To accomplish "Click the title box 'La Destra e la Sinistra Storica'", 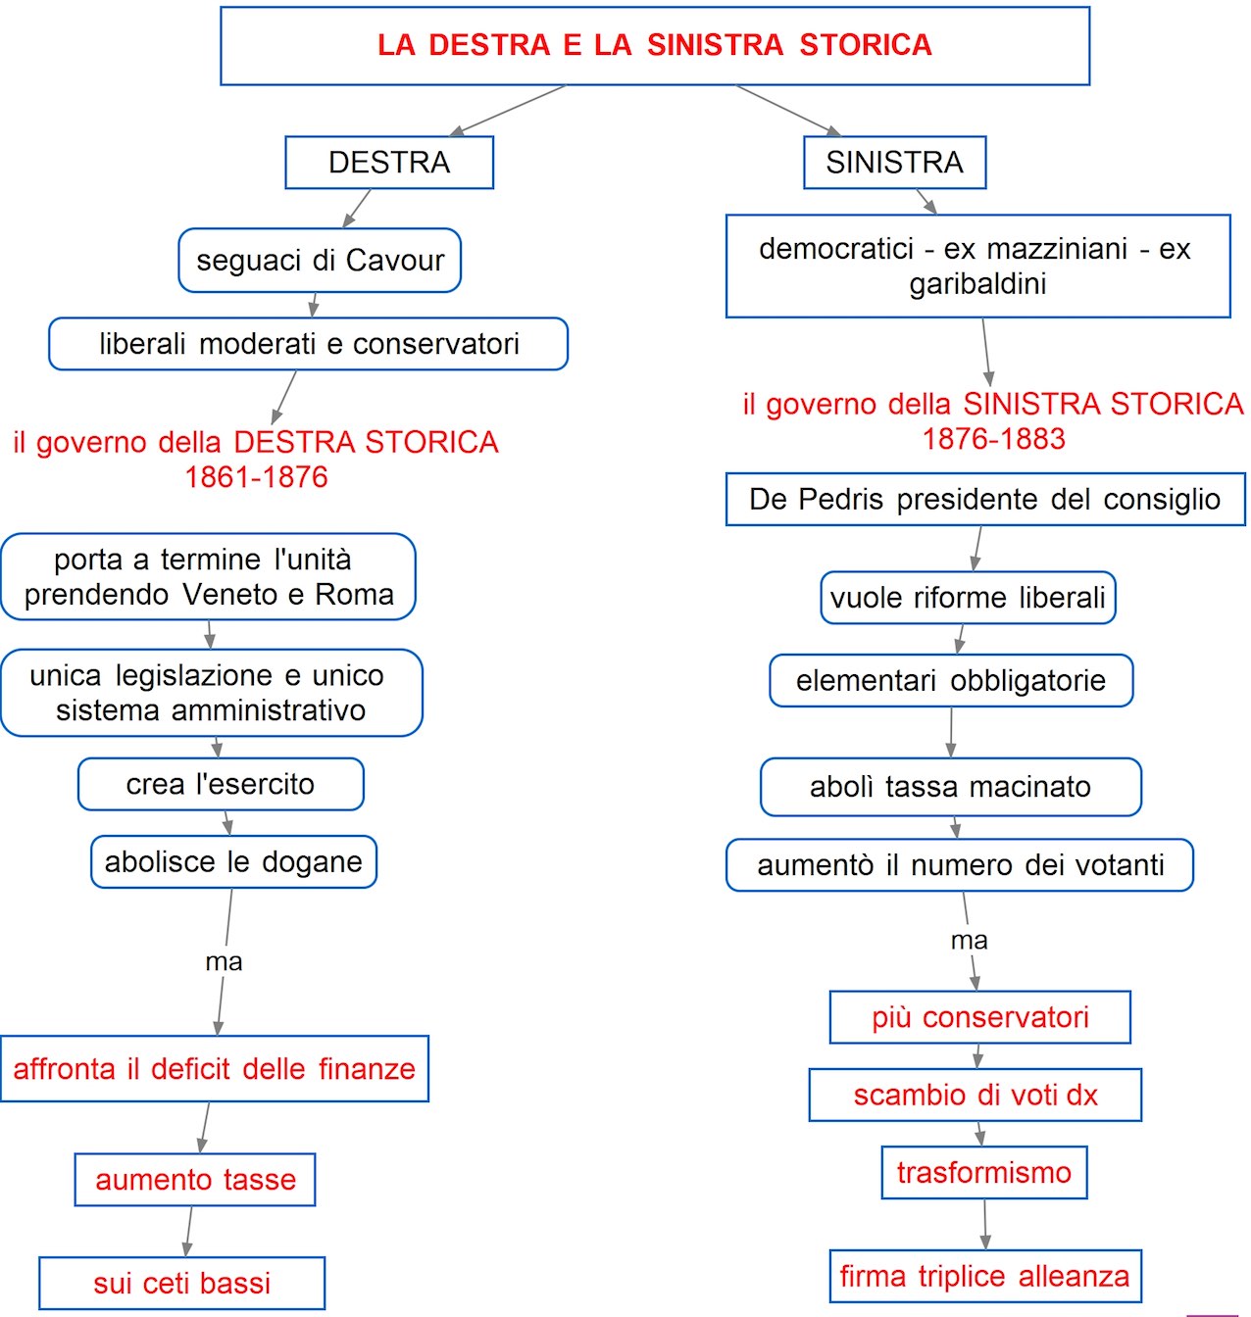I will click(655, 45).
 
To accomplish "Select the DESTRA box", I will click(389, 163).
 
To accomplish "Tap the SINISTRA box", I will click(894, 163).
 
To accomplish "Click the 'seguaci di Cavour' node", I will click(320, 261).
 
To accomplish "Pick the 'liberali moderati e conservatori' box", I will click(308, 344).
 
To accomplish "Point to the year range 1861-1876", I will click(256, 477).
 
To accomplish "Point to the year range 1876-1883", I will click(993, 439).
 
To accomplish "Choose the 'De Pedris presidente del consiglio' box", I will click(985, 500).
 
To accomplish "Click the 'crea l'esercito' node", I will click(221, 784).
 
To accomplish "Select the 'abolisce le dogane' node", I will click(233, 862).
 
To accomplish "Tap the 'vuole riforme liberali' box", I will click(968, 598).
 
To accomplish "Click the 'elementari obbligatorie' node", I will click(951, 681).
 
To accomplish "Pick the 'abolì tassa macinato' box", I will click(951, 787).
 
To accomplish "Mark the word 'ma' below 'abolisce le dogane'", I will click(224, 962).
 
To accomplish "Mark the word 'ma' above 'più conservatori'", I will click(969, 941).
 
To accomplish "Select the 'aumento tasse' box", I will click(195, 1180).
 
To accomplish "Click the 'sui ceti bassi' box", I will click(181, 1284).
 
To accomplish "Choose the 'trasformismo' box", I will click(984, 1173).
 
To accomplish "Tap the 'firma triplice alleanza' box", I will click(984, 1277).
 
